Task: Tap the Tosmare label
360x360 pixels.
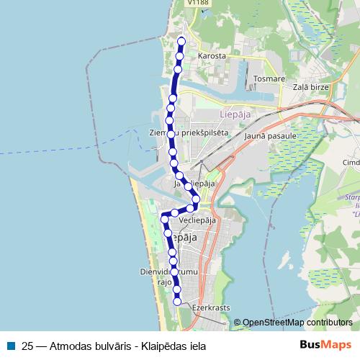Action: (270, 78)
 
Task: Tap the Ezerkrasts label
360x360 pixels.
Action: (211, 307)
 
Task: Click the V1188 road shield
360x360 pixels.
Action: (197, 3)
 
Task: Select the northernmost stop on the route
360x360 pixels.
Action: (181, 41)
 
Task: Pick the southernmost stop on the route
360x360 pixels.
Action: (177, 302)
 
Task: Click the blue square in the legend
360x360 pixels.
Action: (10, 346)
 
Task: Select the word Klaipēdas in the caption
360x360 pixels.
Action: (160, 346)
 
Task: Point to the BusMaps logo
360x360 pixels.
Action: (326, 345)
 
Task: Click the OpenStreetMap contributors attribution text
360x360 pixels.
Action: (297, 323)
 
